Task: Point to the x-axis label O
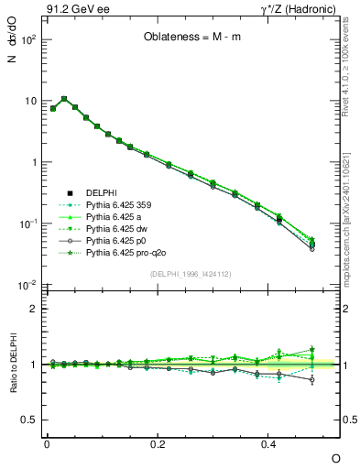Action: [x=335, y=458]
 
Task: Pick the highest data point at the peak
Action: [x=63, y=99]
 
